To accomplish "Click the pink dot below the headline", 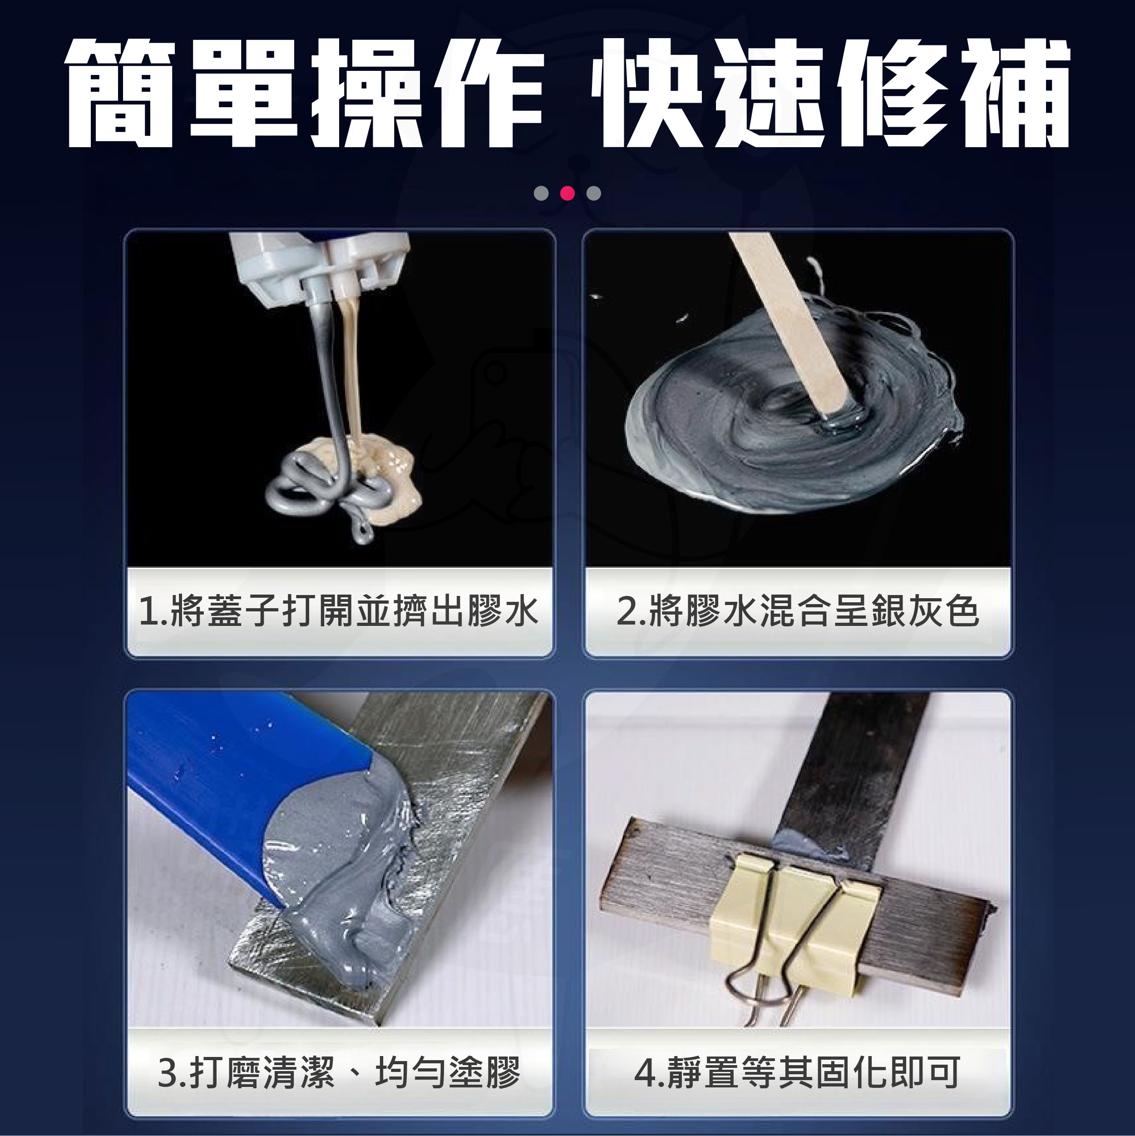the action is tap(567, 193).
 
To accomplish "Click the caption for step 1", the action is tap(339, 610).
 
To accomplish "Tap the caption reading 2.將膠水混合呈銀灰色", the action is tap(798, 610).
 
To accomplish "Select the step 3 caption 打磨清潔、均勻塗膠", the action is tap(339, 1072).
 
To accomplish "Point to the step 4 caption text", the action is tap(798, 1072).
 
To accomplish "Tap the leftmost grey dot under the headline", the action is tap(541, 193).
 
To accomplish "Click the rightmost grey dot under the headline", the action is tap(594, 193).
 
